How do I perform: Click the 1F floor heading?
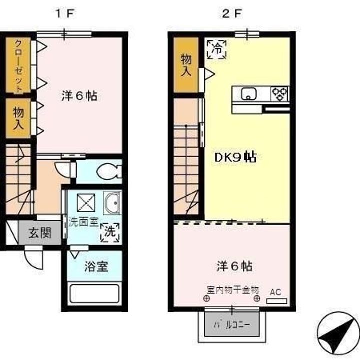64,14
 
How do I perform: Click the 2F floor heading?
232,14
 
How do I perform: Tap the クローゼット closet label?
19,65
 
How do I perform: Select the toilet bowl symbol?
109,171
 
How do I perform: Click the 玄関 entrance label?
40,233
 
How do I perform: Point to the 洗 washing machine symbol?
110,232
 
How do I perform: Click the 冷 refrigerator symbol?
217,49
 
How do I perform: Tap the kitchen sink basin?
248,94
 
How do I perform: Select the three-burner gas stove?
280,94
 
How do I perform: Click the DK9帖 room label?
235,157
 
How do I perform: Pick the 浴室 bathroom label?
96,266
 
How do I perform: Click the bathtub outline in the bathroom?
94,294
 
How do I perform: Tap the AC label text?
275,292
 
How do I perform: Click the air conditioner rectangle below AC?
277,301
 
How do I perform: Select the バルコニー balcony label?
232,325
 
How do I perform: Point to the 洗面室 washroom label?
83,222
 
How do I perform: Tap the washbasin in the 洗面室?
112,203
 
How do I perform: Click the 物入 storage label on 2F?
186,65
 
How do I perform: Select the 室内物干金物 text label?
233,290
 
